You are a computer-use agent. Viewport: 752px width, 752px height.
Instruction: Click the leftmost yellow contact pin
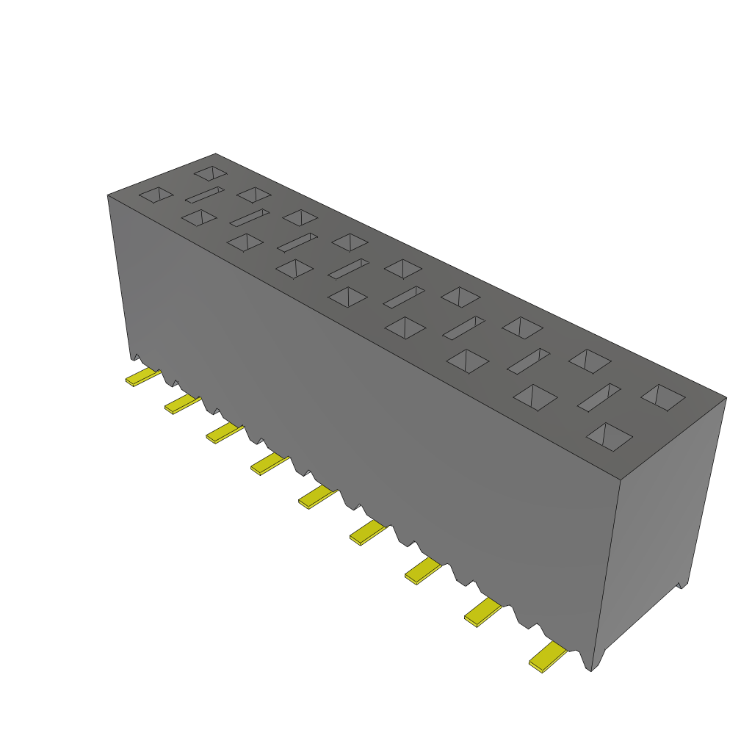pyautogui.click(x=142, y=377)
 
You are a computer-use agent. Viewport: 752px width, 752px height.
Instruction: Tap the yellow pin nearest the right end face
pyautogui.click(x=548, y=656)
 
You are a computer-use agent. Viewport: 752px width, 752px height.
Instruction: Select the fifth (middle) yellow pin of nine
pyautogui.click(x=317, y=496)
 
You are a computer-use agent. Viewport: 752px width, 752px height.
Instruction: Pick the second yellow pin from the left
pyautogui.click(x=182, y=403)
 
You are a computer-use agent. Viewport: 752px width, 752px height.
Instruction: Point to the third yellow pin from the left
pyautogui.click(x=224, y=433)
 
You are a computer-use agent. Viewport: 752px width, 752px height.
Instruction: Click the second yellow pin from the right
pyautogui.click(x=482, y=611)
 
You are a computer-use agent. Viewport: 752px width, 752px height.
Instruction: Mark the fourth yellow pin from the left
pyautogui.click(x=270, y=463)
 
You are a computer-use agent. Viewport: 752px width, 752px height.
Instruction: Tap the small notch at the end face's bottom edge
pyautogui.click(x=680, y=585)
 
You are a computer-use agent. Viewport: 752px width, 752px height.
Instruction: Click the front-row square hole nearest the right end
pyautogui.click(x=609, y=436)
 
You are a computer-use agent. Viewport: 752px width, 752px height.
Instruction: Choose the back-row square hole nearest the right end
pyautogui.click(x=662, y=397)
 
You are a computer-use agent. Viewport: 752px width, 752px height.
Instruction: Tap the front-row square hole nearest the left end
pyautogui.click(x=156, y=195)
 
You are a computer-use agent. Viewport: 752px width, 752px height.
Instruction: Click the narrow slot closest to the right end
pyautogui.click(x=599, y=397)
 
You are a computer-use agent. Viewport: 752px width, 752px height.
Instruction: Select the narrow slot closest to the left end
pyautogui.click(x=204, y=195)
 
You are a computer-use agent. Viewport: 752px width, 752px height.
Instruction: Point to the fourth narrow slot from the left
pyautogui.click(x=348, y=269)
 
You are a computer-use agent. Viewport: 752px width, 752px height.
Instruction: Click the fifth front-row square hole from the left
pyautogui.click(x=347, y=297)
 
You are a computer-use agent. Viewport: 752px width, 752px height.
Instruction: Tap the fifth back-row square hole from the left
pyautogui.click(x=402, y=269)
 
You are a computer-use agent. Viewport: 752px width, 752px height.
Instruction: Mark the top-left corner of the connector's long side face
pyautogui.click(x=109, y=196)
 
